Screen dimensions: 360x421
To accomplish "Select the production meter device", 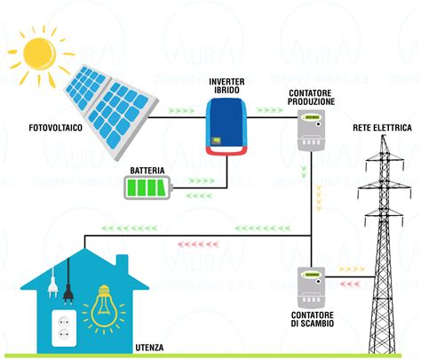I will pos(311,138).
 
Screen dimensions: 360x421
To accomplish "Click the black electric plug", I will pos(52,284).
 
